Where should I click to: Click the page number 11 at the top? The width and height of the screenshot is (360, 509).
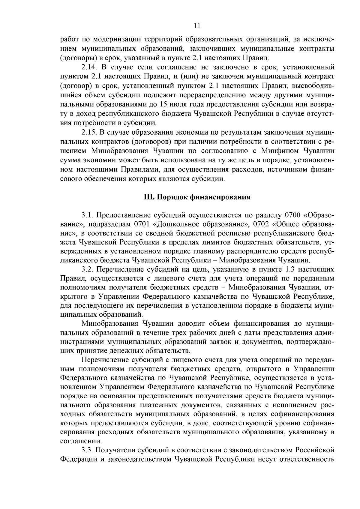click(x=197, y=26)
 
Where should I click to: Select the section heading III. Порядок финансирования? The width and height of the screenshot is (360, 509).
click(x=197, y=198)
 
